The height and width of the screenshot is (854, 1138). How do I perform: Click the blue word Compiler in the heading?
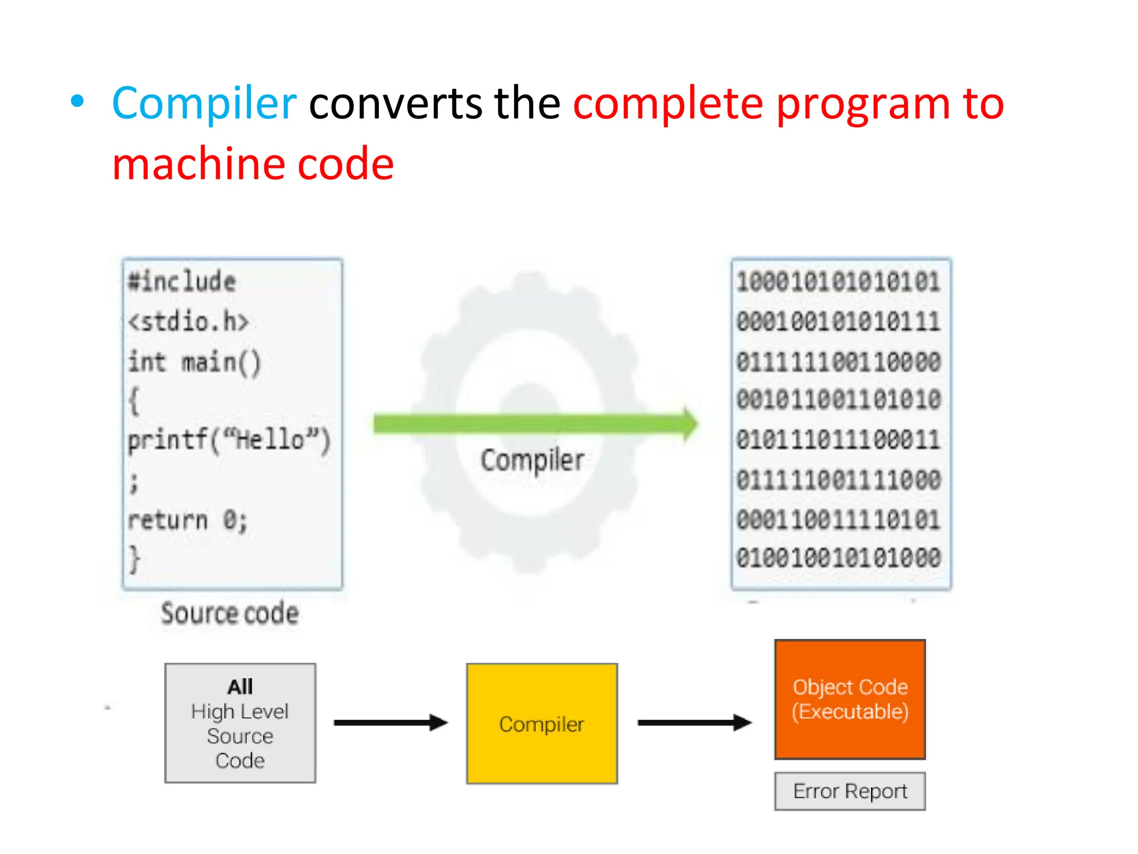pyautogui.click(x=204, y=103)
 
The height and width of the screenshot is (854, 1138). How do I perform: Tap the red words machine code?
pyautogui.click(x=253, y=164)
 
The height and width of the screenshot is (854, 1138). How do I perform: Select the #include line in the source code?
pyautogui.click(x=182, y=281)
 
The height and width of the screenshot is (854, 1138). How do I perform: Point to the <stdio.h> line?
pyautogui.click(x=188, y=321)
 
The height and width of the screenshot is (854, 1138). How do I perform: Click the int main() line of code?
pyautogui.click(x=194, y=363)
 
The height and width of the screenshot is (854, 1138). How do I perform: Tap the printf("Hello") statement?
pyautogui.click(x=228, y=440)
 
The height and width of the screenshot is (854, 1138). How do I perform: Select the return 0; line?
pyautogui.click(x=187, y=520)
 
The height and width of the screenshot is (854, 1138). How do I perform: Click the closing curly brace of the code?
pyautogui.click(x=134, y=559)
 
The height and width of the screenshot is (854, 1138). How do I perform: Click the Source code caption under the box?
pyautogui.click(x=229, y=613)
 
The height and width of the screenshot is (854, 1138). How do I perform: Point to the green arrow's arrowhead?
pyautogui.click(x=689, y=424)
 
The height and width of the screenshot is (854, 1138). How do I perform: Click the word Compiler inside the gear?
pyautogui.click(x=532, y=460)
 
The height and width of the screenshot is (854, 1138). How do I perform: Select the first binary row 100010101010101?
pyautogui.click(x=838, y=282)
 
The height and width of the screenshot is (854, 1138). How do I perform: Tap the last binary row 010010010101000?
pyautogui.click(x=838, y=558)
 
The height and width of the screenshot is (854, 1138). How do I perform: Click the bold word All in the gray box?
pyautogui.click(x=240, y=687)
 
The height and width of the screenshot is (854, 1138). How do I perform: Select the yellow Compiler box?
pyautogui.click(x=542, y=723)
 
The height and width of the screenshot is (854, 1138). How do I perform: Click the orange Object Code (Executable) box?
pyautogui.click(x=850, y=699)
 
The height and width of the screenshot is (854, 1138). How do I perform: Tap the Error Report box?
pyautogui.click(x=850, y=791)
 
